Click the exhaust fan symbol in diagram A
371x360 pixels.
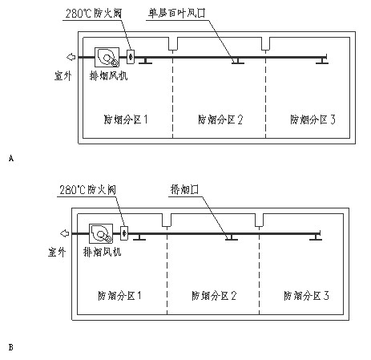tap(107, 57)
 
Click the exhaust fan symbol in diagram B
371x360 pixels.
tap(101, 233)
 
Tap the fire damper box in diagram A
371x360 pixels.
tap(131, 57)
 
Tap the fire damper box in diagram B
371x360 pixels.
tap(124, 233)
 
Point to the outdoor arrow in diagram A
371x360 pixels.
tap(71, 57)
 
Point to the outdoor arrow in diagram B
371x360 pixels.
tap(65, 233)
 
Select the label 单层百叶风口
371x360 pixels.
tap(177, 13)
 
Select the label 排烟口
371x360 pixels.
tap(184, 189)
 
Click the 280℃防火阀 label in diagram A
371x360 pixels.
tap(94, 13)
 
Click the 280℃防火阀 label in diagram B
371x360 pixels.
tap(87, 189)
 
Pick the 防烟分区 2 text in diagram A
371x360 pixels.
tap(220, 119)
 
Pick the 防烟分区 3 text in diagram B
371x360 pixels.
tap(306, 296)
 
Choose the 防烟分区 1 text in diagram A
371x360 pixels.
tap(126, 119)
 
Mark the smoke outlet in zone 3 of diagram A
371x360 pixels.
tap(322, 61)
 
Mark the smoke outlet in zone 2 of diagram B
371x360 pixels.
tap(232, 237)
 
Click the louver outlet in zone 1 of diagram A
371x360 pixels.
tap(145, 61)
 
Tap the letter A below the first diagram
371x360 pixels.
tap(11, 158)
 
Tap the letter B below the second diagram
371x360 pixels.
tap(11, 347)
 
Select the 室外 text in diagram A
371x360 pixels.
tap(63, 76)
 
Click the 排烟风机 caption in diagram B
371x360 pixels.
tap(103, 252)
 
